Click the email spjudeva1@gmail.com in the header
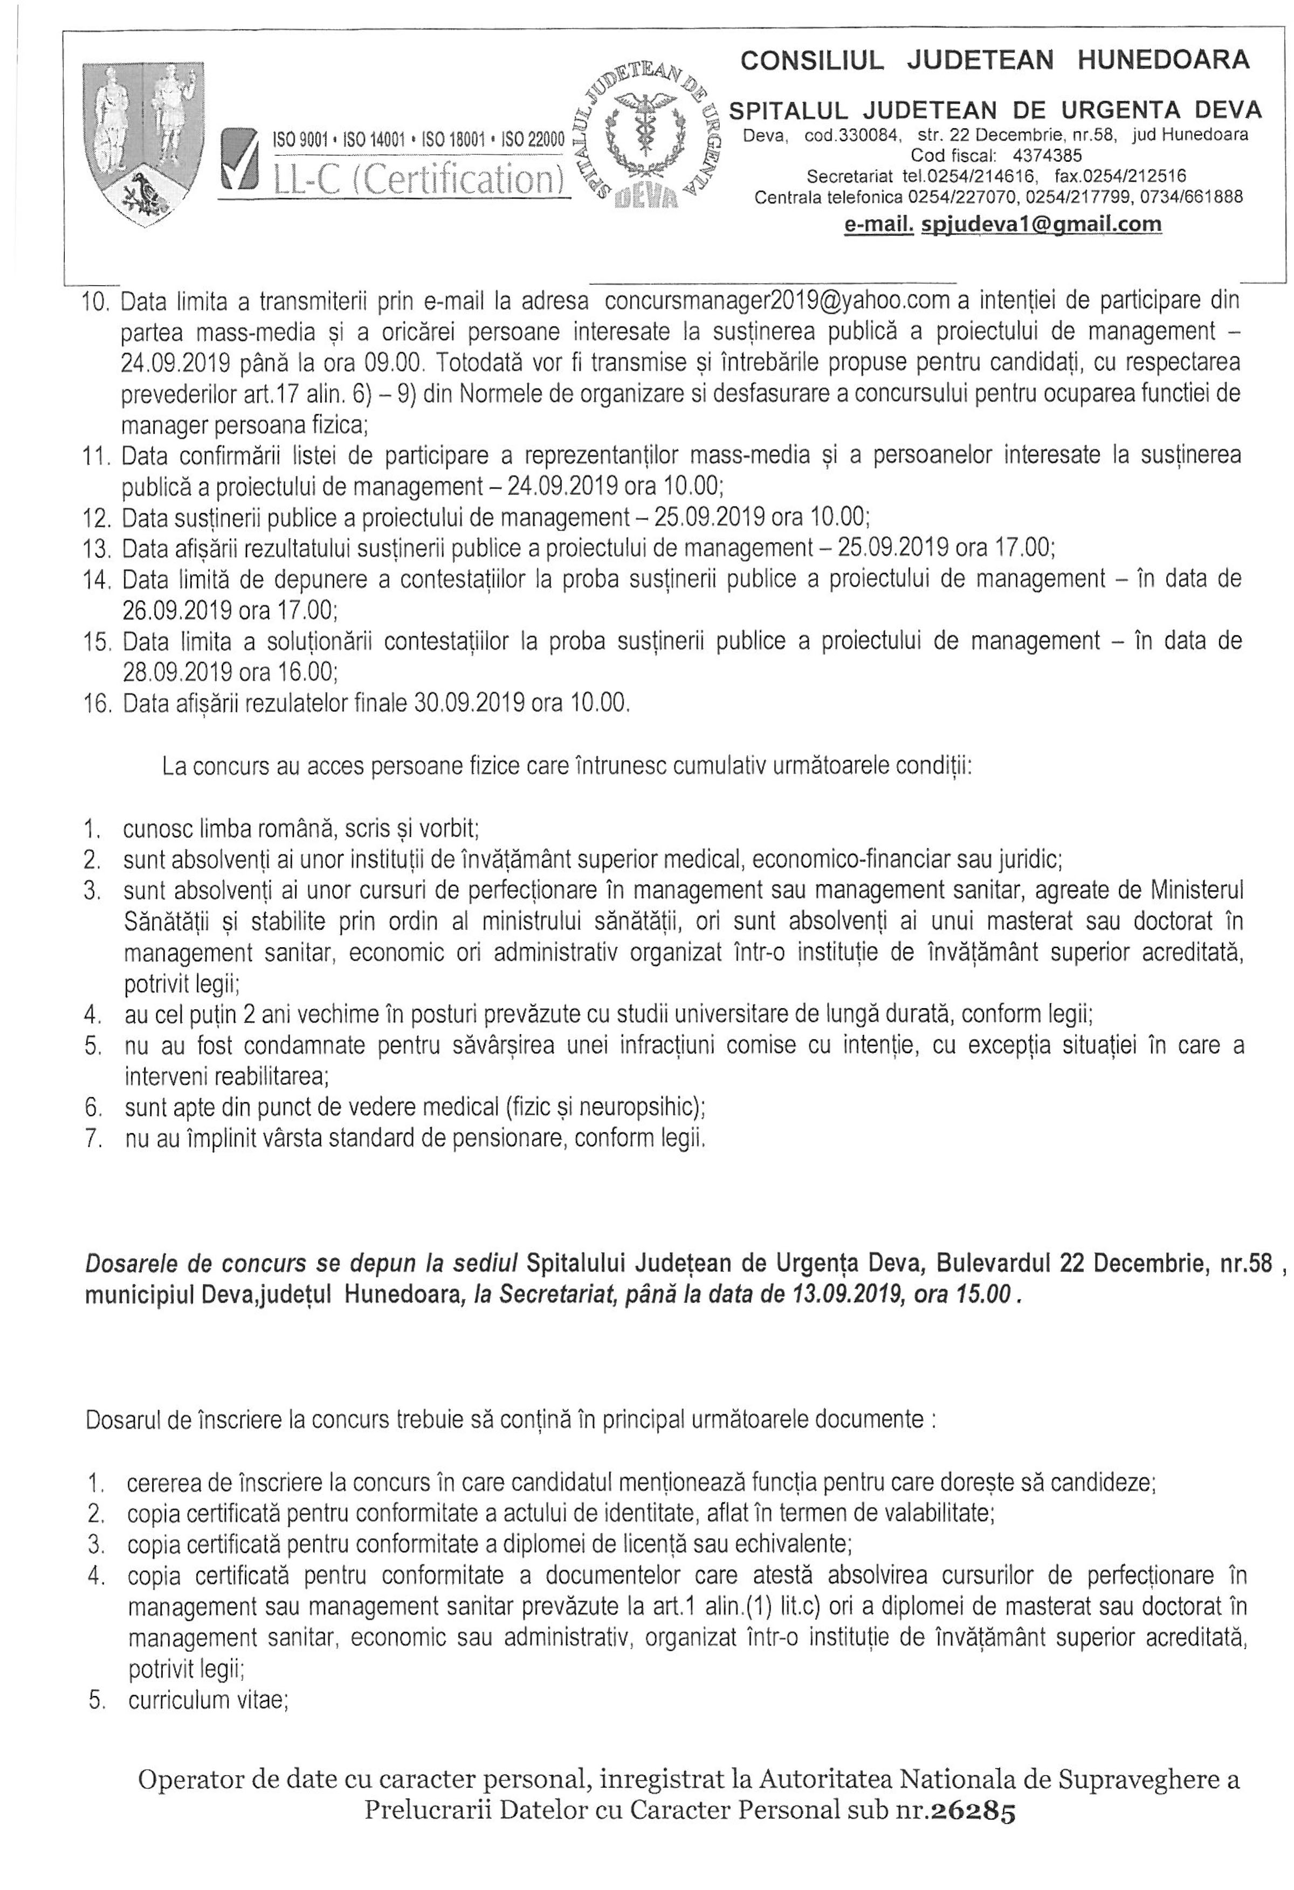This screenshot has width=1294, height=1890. [1041, 225]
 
